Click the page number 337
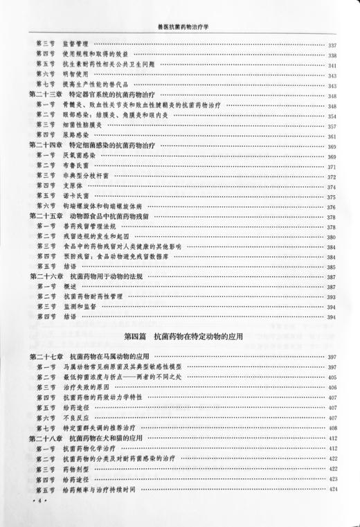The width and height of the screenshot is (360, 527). pyautogui.click(x=332, y=46)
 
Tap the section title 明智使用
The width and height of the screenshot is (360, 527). pyautogui.click(x=75, y=75)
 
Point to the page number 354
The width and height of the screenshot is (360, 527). pyautogui.click(x=332, y=116)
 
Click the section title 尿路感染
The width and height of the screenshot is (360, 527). pyautogui.click(x=75, y=136)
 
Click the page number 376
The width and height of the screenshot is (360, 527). pyautogui.click(x=332, y=207)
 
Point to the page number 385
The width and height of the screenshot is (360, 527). pyautogui.click(x=332, y=267)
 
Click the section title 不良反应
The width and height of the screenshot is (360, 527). pyautogui.click(x=75, y=418)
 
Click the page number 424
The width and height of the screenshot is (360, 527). pyautogui.click(x=332, y=489)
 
